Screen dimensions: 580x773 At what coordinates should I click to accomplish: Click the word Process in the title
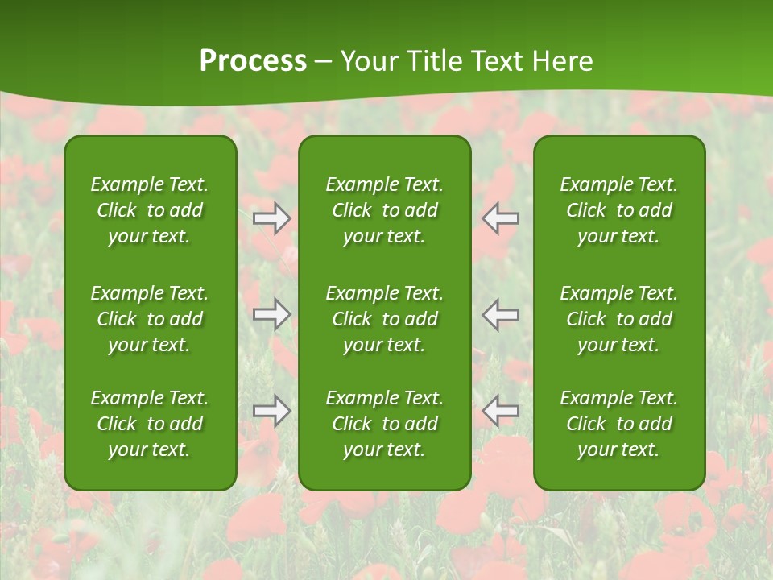(x=253, y=61)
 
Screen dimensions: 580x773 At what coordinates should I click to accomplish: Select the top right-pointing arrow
(x=272, y=218)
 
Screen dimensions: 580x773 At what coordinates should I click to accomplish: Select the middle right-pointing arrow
(x=272, y=314)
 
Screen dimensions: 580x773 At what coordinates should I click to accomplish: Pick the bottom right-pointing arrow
(x=272, y=411)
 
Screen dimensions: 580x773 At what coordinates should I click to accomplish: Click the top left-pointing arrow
(x=501, y=218)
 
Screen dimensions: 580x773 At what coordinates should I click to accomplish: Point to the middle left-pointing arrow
(x=501, y=314)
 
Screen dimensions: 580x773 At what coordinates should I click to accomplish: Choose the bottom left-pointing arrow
(x=501, y=411)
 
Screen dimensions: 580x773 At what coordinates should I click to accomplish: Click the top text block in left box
(x=150, y=210)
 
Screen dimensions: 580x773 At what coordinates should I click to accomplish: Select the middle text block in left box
(x=150, y=319)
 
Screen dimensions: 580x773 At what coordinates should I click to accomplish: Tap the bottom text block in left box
(x=150, y=424)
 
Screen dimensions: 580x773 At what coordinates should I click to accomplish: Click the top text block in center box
(x=385, y=210)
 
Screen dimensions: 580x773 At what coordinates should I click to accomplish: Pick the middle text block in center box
(x=385, y=319)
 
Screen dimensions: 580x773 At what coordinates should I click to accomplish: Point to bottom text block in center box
(x=385, y=424)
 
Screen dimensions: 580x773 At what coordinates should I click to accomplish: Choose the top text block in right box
(x=619, y=210)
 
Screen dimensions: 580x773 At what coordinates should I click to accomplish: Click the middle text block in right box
(x=619, y=319)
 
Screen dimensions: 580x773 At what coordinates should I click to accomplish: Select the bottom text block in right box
(x=619, y=424)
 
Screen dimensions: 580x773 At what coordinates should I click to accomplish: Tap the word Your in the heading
(x=369, y=61)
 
